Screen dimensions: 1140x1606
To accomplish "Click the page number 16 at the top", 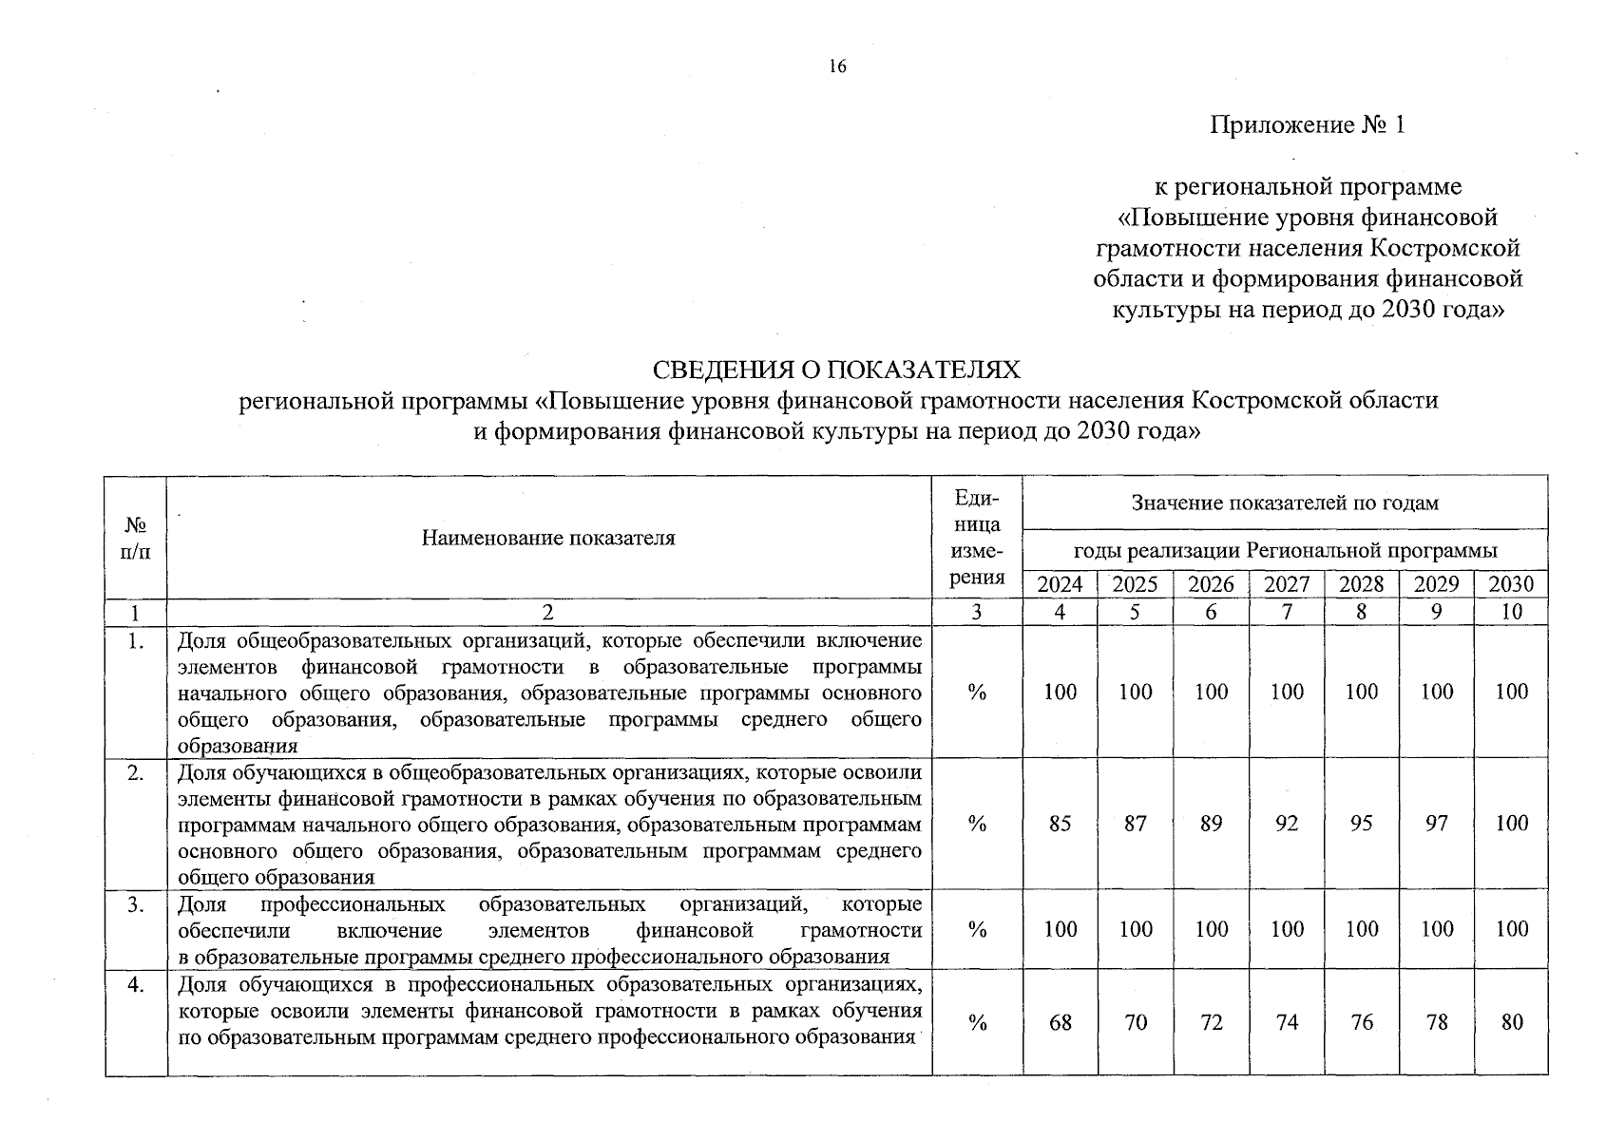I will pyautogui.click(x=836, y=66).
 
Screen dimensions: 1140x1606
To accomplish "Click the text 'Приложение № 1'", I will pyautogui.click(x=1307, y=125).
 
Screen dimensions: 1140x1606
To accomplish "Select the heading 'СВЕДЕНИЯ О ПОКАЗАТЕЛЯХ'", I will pyautogui.click(x=837, y=370).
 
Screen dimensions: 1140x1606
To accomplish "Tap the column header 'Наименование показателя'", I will pyautogui.click(x=548, y=538).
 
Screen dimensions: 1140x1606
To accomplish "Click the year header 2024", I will pyautogui.click(x=1060, y=584).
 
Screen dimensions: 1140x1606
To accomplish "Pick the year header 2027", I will pyautogui.click(x=1287, y=584).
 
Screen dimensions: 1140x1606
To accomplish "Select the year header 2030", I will pyautogui.click(x=1511, y=584).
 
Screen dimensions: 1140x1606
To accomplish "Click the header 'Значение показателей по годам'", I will pyautogui.click(x=1285, y=503).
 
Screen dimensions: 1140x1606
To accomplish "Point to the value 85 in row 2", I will pyautogui.click(x=1060, y=824).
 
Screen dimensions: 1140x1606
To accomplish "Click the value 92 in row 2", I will pyautogui.click(x=1287, y=824).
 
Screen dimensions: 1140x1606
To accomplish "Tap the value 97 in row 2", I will pyautogui.click(x=1437, y=824).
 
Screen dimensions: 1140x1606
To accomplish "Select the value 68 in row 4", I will pyautogui.click(x=1060, y=1022).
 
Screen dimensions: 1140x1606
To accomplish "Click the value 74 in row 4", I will pyautogui.click(x=1287, y=1022).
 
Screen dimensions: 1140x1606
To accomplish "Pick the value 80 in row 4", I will pyautogui.click(x=1511, y=1022).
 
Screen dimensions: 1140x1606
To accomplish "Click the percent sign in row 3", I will pyautogui.click(x=977, y=929).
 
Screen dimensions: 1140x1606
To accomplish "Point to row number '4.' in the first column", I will pyautogui.click(x=136, y=985).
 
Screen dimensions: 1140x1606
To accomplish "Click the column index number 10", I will pyautogui.click(x=1511, y=612).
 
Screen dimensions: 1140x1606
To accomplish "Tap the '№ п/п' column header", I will pyautogui.click(x=136, y=538).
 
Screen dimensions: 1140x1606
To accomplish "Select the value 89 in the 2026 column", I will pyautogui.click(x=1211, y=824).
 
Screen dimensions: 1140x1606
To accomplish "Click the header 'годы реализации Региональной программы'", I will pyautogui.click(x=1285, y=551).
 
